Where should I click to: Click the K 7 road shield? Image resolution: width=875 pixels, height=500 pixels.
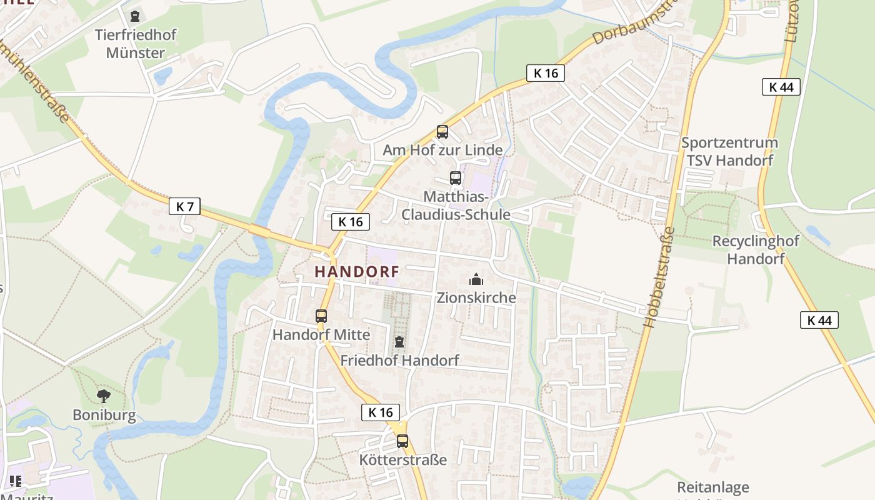184,206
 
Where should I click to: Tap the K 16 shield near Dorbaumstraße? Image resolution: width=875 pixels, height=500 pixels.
545,73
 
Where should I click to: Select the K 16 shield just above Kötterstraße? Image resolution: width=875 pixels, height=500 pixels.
380,412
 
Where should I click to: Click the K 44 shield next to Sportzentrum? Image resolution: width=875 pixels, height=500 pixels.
781,87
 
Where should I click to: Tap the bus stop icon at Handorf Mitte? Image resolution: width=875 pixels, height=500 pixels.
321,316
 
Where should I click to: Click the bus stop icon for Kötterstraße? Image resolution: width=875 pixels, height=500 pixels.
402,441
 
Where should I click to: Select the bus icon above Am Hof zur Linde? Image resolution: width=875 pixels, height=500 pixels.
442,132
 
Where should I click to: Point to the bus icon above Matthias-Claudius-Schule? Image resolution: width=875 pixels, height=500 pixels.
456,178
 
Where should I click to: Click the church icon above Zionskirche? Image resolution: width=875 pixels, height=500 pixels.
476,279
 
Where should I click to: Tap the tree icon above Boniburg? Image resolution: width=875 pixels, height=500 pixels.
104,396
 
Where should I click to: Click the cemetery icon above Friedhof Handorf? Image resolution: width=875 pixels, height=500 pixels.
399,342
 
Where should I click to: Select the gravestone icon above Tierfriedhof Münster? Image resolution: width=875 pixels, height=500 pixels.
135,16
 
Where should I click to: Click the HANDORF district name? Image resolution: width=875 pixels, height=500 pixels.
356,272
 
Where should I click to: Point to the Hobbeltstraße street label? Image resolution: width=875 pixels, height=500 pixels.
659,277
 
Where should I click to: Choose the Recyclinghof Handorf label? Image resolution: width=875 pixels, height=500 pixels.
756,250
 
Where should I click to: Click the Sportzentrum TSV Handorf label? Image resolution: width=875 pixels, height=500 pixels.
729,151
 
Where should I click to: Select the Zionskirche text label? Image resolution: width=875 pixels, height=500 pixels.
477,297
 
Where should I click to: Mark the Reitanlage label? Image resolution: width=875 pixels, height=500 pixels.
712,487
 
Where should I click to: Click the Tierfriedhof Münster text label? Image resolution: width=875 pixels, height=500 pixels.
136,44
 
